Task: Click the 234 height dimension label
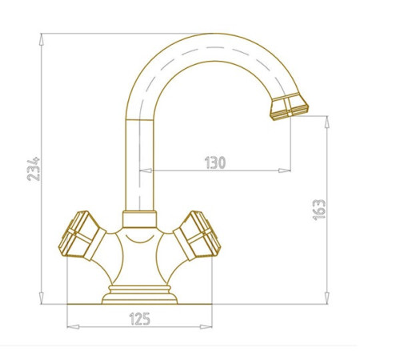point(34,169)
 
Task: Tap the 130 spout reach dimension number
point(215,162)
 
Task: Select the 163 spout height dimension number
point(319,210)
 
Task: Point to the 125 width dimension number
point(140,319)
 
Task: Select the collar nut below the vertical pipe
point(139,219)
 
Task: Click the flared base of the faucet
point(139,298)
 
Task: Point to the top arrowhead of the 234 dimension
point(41,39)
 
